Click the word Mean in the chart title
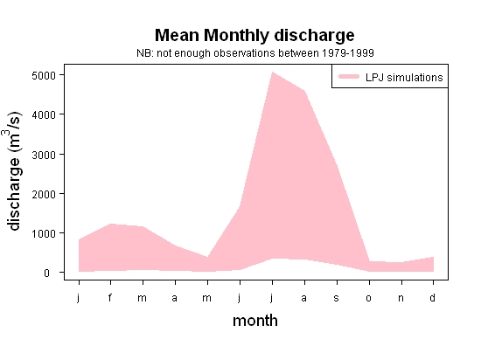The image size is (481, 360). coord(177,35)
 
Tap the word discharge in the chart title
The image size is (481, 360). coord(314,37)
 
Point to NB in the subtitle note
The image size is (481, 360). coord(144,53)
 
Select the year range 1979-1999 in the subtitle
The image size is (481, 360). coord(348,53)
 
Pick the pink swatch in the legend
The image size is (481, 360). coord(349,77)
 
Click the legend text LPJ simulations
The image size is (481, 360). coord(404,77)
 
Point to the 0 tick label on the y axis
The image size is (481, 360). coord(46,273)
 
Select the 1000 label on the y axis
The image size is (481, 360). coord(44,233)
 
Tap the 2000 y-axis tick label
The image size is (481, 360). coord(44,194)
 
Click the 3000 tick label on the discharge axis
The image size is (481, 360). coord(44,155)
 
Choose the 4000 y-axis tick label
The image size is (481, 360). coord(44,114)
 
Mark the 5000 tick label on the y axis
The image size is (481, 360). coord(44,75)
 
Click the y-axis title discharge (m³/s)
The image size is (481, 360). coord(13,171)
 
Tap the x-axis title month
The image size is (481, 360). coord(255,321)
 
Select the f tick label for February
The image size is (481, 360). coord(110,297)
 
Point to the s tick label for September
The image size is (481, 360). coord(337,298)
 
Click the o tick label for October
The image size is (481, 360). coord(369,298)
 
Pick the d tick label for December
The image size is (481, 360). coord(432,297)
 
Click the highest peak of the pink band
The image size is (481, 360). coord(272,73)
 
